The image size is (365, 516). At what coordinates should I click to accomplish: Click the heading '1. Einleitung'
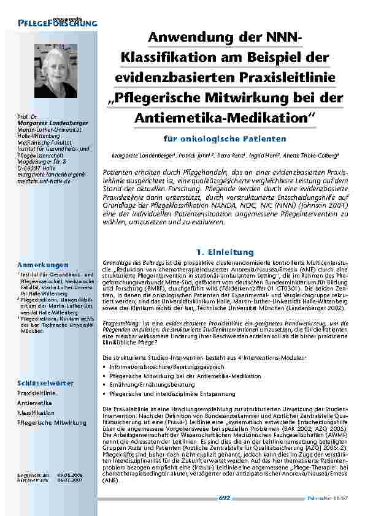click(x=224, y=252)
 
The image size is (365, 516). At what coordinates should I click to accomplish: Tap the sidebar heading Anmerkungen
click(x=42, y=265)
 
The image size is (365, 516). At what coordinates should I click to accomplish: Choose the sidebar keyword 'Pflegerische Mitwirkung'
click(x=52, y=423)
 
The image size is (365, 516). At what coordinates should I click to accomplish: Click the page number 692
click(x=224, y=499)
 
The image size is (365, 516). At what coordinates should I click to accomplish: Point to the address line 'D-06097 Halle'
click(x=36, y=167)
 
